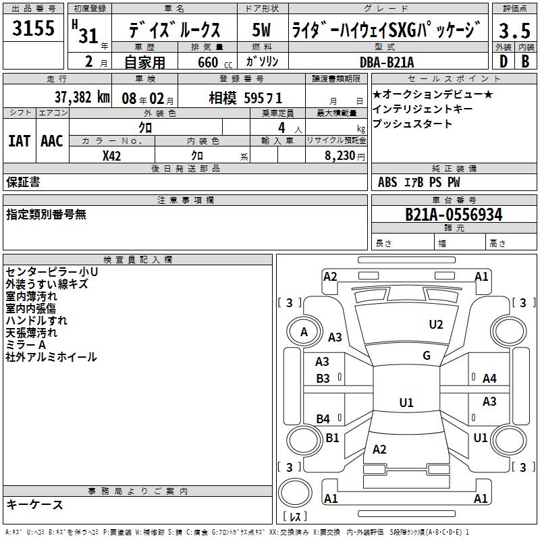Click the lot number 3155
[x=34, y=30]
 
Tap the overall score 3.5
[x=514, y=31]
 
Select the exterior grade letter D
[x=504, y=61]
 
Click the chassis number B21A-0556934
[x=454, y=215]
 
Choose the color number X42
[x=112, y=156]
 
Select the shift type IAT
[x=19, y=141]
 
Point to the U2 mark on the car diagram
[x=436, y=325]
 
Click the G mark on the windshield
[x=427, y=356]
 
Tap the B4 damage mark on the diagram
[x=323, y=419]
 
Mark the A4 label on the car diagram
[x=489, y=379]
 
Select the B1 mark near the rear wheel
[x=332, y=438]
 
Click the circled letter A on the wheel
[x=304, y=331]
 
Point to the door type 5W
[x=262, y=31]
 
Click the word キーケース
[x=35, y=504]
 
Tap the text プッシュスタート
[x=412, y=124]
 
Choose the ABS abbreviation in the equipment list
[x=387, y=182]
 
